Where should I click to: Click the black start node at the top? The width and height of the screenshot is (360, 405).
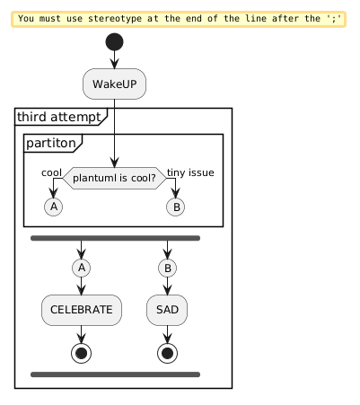pyautogui.click(x=114, y=42)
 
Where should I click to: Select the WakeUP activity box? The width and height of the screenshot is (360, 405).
pyautogui.click(x=114, y=84)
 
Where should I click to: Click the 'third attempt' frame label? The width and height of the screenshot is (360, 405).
pyautogui.click(x=59, y=117)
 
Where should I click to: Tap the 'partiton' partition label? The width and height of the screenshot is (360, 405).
pyautogui.click(x=51, y=143)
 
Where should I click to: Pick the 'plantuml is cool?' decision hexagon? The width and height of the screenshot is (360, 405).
pyautogui.click(x=114, y=178)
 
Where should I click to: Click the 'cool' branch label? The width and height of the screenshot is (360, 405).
pyautogui.click(x=51, y=172)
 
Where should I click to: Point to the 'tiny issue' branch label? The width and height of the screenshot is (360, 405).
pyautogui.click(x=190, y=172)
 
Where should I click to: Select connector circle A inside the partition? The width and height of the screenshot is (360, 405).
pyautogui.click(x=54, y=207)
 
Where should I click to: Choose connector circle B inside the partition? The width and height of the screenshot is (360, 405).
pyautogui.click(x=176, y=207)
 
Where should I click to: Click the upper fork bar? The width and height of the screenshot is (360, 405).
pyautogui.click(x=115, y=238)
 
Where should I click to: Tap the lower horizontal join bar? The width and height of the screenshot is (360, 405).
pyautogui.click(x=115, y=374)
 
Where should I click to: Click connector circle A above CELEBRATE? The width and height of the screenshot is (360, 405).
pyautogui.click(x=82, y=268)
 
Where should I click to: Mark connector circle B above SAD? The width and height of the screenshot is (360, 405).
pyautogui.click(x=168, y=268)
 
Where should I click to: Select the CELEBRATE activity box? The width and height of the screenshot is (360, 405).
pyautogui.click(x=82, y=310)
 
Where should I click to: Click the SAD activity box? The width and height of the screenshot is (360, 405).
pyautogui.click(x=167, y=310)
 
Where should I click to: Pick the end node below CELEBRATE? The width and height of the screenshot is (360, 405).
pyautogui.click(x=82, y=353)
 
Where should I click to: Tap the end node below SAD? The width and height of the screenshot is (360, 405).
pyautogui.click(x=167, y=353)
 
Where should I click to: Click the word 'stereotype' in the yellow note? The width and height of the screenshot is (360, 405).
pyautogui.click(x=115, y=19)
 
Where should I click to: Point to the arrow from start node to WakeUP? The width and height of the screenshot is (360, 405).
pyautogui.click(x=114, y=60)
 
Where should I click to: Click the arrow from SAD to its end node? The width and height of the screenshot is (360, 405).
pyautogui.click(x=167, y=335)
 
